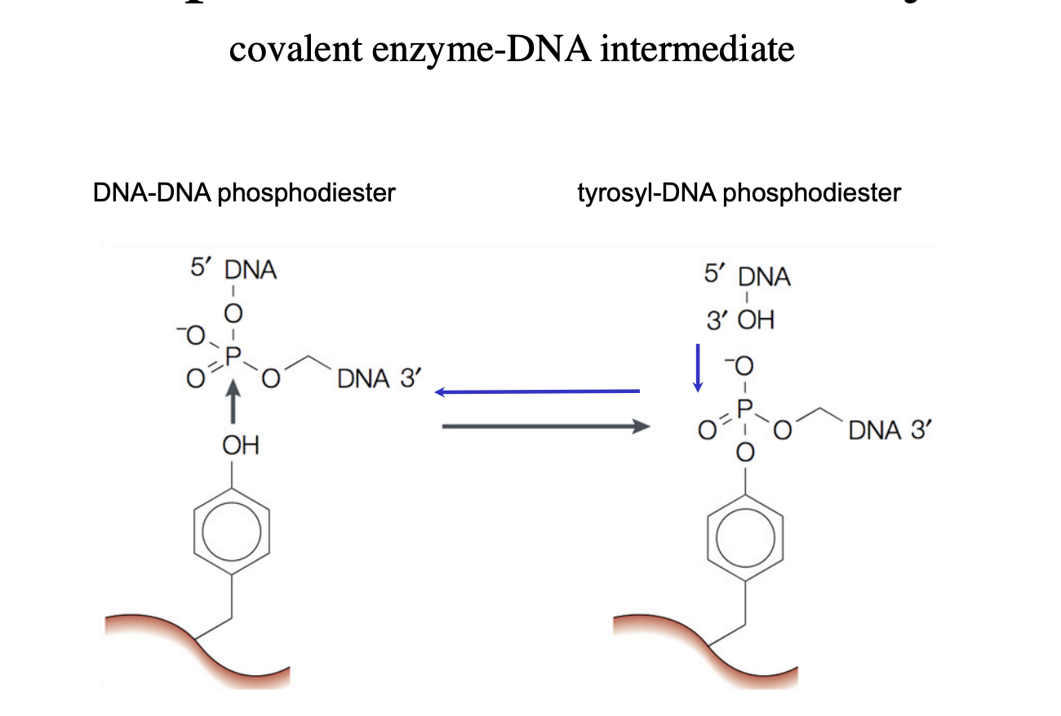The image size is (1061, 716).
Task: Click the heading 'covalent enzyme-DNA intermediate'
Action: (x=512, y=50)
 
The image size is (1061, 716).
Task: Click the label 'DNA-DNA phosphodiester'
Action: (x=244, y=193)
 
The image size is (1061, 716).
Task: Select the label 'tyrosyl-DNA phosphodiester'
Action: (x=739, y=193)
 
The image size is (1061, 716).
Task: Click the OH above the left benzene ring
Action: (x=241, y=446)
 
